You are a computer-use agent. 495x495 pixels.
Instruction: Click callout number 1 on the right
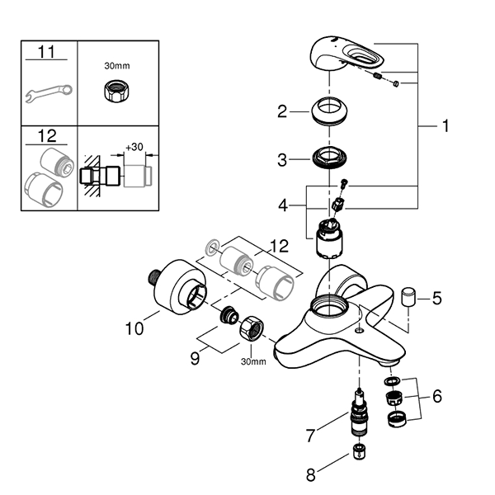pos(445,126)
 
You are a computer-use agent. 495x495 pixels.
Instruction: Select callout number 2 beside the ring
pos(282,111)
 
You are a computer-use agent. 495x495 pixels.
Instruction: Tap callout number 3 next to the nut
pos(282,160)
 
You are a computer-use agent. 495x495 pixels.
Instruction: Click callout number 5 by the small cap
pos(436,297)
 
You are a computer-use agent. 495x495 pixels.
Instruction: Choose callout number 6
pos(436,396)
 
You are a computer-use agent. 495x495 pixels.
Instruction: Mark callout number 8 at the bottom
pos(311,474)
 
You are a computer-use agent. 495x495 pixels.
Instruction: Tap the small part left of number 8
pos(359,451)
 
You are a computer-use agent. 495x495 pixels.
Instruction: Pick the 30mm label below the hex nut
pos(252,361)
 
